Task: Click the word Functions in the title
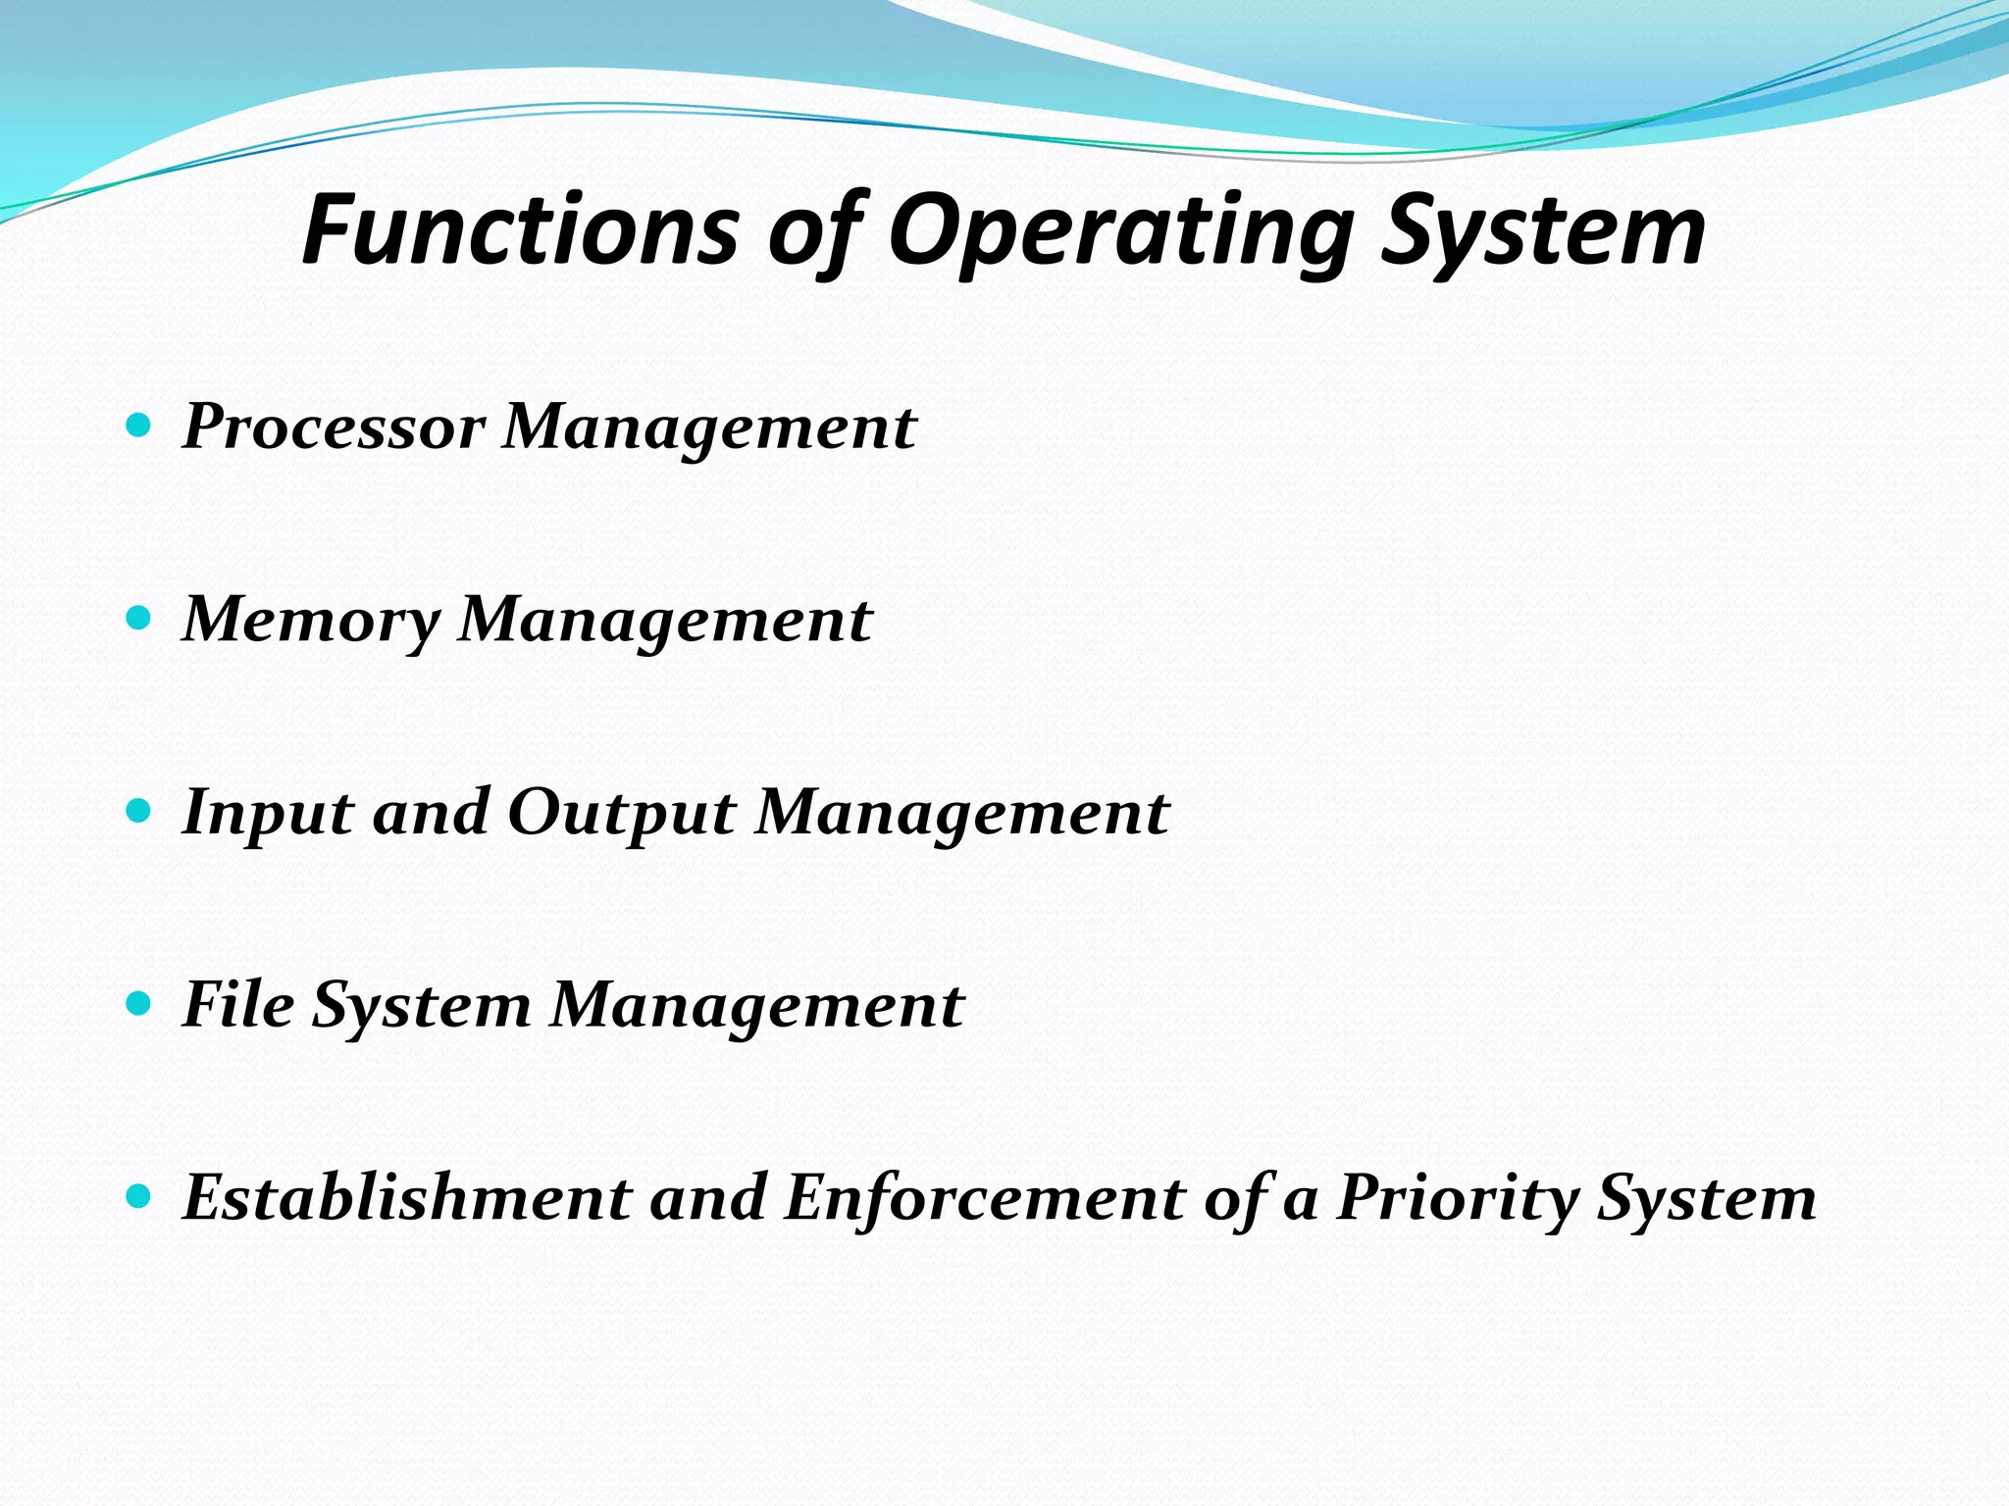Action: [520, 231]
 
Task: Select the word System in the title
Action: [1542, 231]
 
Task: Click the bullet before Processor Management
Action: [139, 426]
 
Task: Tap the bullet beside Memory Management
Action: [139, 618]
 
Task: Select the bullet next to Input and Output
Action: [139, 811]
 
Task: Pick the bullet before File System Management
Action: [139, 1003]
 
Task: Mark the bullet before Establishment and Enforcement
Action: [139, 1196]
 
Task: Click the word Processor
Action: [334, 427]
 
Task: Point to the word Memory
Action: [312, 621]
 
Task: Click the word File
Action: [238, 1005]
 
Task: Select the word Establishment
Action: [407, 1198]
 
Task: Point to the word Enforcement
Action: [984, 1198]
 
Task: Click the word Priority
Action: [1458, 1198]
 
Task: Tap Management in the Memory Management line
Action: [665, 621]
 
